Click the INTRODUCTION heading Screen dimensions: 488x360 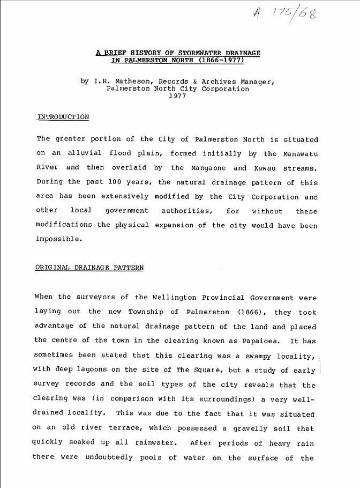(x=63, y=117)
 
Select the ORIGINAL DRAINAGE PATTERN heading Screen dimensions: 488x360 (x=89, y=268)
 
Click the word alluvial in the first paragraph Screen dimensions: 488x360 (x=84, y=153)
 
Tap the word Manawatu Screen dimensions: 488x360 (x=299, y=153)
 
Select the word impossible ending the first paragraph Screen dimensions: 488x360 (x=59, y=239)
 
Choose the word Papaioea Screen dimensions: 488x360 (x=260, y=341)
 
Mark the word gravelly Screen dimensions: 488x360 (x=241, y=429)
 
